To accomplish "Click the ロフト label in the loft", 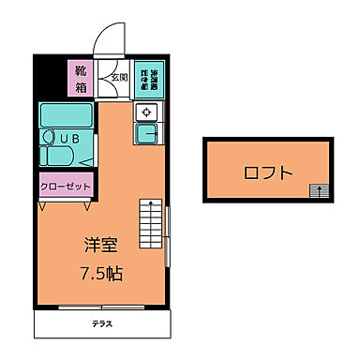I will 267,172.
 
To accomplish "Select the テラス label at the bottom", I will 103,323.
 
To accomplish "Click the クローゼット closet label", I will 66,186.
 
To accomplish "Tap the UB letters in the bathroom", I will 70,138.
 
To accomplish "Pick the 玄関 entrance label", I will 119,79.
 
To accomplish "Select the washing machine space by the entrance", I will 148,78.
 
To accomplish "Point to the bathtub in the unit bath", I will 65,117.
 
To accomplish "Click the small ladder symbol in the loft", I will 320,191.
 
